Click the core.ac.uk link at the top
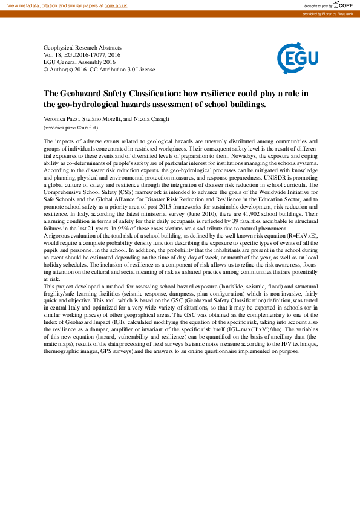coord(117,5)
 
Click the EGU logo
coord(295,58)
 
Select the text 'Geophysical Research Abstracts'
coord(82,47)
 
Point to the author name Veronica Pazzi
coord(63,119)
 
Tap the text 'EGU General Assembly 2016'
coord(79,62)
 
